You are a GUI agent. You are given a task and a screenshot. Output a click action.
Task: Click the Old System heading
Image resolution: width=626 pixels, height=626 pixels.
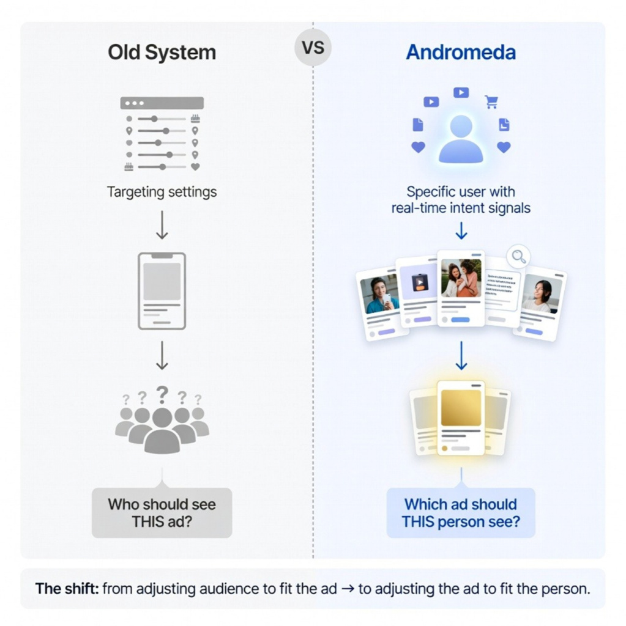click(162, 52)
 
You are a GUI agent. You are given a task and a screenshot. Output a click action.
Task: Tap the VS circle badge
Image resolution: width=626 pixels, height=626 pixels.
click(313, 48)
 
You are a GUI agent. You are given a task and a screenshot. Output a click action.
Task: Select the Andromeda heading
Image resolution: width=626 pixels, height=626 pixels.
click(460, 52)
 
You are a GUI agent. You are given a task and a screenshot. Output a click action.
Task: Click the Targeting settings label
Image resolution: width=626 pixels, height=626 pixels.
click(162, 192)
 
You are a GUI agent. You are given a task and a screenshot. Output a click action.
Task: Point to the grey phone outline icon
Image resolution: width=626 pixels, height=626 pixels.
click(162, 291)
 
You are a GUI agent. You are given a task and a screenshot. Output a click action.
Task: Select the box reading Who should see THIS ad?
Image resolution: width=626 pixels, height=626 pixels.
click(162, 513)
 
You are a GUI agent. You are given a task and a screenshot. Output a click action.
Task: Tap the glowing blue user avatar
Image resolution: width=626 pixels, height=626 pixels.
click(460, 139)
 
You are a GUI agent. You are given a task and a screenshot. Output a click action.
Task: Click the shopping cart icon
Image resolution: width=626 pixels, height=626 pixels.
click(491, 102)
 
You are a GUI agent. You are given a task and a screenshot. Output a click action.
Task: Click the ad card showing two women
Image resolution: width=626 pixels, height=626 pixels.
click(461, 288)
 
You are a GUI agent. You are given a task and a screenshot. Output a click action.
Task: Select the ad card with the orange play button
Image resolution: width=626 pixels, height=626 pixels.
click(418, 290)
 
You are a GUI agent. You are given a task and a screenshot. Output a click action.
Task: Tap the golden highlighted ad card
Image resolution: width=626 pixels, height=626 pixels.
click(461, 418)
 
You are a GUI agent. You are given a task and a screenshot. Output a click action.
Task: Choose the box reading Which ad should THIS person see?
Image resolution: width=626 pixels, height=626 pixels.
click(460, 513)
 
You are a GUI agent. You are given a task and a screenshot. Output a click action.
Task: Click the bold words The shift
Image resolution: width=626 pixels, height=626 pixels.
click(67, 589)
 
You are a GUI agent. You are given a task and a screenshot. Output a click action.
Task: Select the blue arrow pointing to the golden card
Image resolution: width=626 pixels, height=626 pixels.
click(461, 356)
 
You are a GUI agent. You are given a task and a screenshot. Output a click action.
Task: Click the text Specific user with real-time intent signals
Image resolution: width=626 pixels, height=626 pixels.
click(460, 200)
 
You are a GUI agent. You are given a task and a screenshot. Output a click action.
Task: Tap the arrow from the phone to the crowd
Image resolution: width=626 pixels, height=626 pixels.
click(162, 356)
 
